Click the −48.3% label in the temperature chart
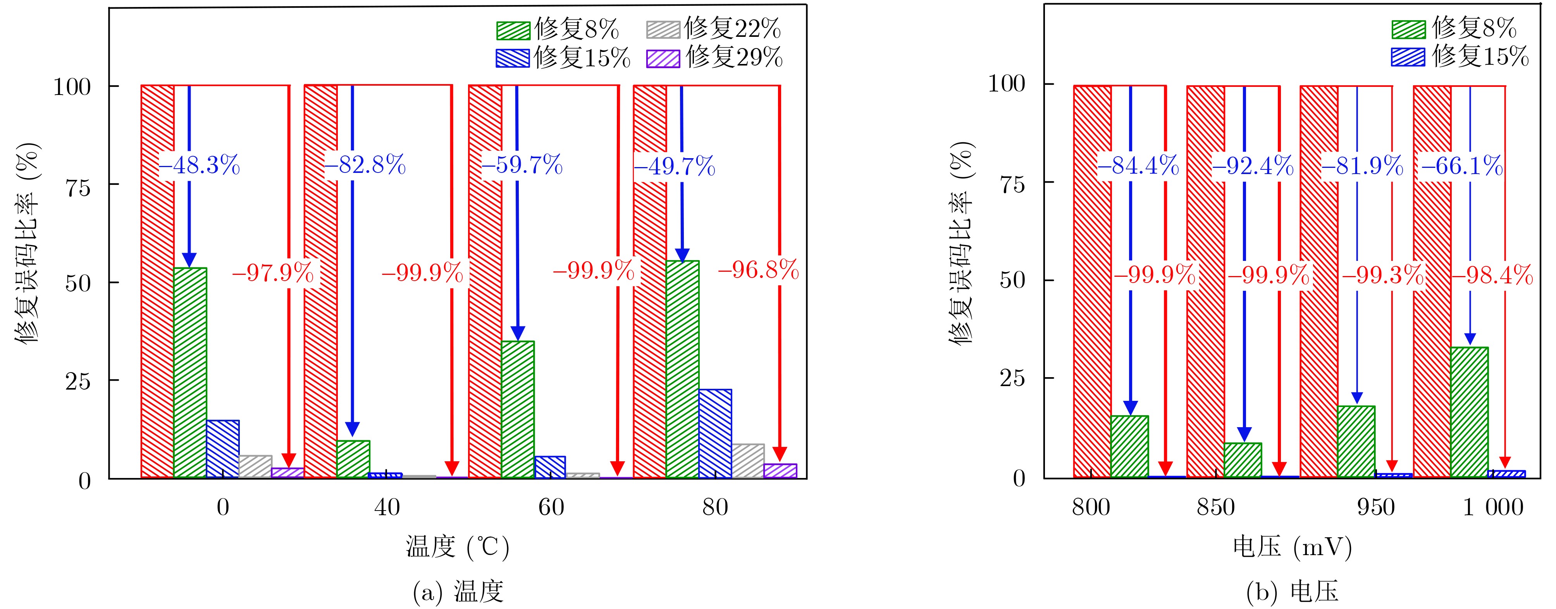[x=199, y=165]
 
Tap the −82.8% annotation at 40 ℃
[x=365, y=165]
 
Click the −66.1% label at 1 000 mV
[x=1461, y=166]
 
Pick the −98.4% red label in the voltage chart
[x=1492, y=276]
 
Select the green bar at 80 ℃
[x=683, y=369]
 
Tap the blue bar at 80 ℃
[x=715, y=433]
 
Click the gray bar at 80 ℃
[x=748, y=461]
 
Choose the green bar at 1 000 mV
[x=1469, y=412]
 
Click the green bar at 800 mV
[x=1129, y=447]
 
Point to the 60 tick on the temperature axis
[x=551, y=507]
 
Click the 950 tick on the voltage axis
[x=1376, y=507]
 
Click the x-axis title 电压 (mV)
[x=1292, y=547]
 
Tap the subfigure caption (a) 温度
[x=458, y=592]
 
